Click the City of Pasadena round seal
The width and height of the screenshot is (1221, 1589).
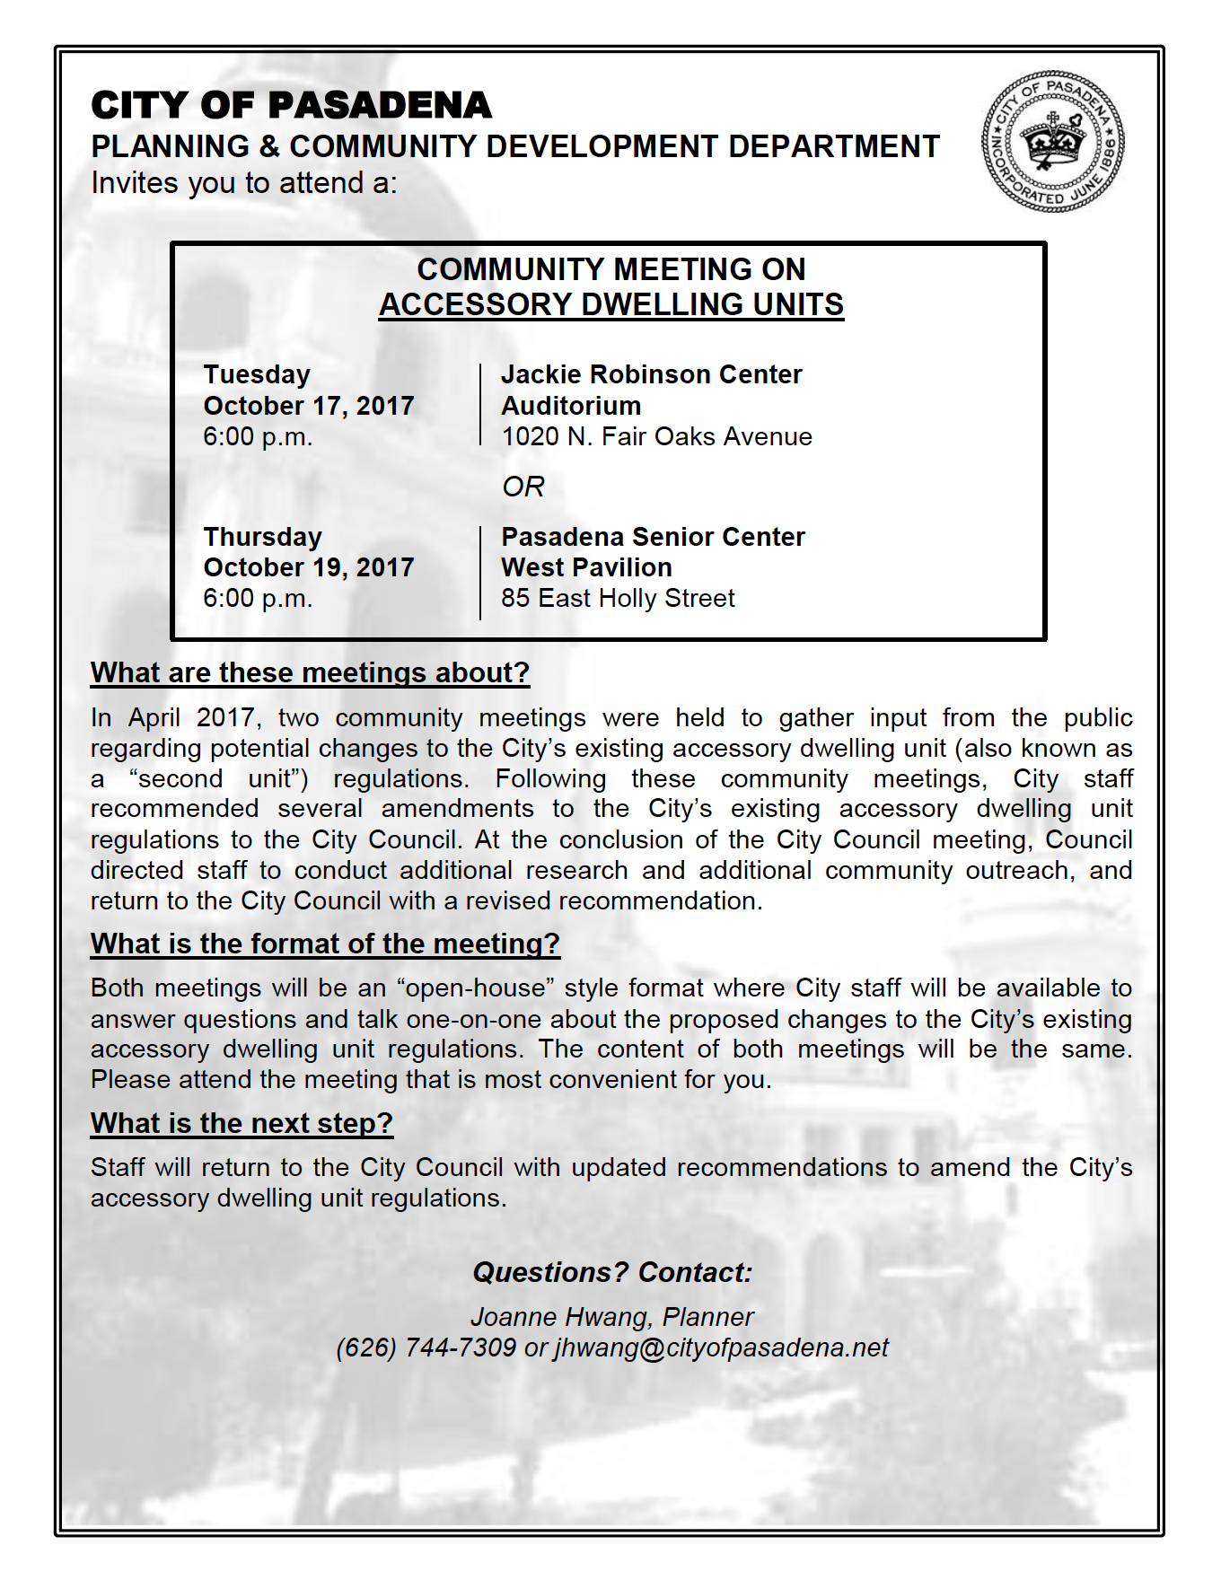pyautogui.click(x=1053, y=143)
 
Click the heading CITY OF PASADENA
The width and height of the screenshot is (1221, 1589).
pyautogui.click(x=292, y=106)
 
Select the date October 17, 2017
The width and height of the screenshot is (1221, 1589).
pyautogui.click(x=309, y=406)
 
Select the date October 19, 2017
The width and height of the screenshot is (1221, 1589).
pyautogui.click(x=309, y=567)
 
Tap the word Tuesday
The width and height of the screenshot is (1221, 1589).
pyautogui.click(x=257, y=374)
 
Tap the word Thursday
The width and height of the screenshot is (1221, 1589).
pyautogui.click(x=262, y=537)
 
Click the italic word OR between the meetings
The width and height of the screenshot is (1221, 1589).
pyautogui.click(x=523, y=487)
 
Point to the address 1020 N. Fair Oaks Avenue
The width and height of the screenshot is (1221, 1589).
pyautogui.click(x=656, y=436)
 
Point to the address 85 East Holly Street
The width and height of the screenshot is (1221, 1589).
pyautogui.click(x=618, y=598)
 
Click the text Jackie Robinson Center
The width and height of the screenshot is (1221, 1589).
pyautogui.click(x=651, y=374)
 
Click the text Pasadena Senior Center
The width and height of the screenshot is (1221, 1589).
pyautogui.click(x=653, y=537)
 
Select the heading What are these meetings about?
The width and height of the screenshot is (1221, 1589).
pyautogui.click(x=310, y=672)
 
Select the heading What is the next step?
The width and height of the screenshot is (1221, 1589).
pyautogui.click(x=242, y=1123)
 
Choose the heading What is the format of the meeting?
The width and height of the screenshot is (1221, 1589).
pyautogui.click(x=325, y=944)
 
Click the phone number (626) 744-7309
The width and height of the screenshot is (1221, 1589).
pyautogui.click(x=426, y=1348)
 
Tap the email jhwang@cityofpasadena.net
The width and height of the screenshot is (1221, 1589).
pyautogui.click(x=721, y=1348)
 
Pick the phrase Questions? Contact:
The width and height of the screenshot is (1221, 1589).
pyautogui.click(x=612, y=1272)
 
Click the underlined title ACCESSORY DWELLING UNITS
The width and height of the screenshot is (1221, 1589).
pyautogui.click(x=610, y=304)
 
